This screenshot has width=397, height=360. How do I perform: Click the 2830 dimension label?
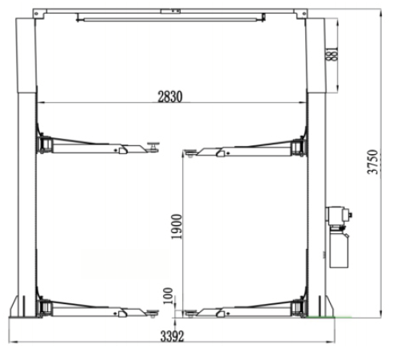[x=170, y=97]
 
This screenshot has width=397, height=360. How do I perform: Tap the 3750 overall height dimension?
[x=372, y=162]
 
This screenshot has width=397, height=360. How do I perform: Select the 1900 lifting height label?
[x=177, y=227]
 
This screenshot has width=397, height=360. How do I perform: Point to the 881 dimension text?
[x=332, y=54]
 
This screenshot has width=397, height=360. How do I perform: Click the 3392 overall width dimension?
[x=172, y=336]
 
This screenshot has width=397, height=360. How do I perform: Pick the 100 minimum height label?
[x=168, y=295]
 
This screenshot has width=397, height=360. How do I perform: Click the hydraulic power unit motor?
[x=339, y=216]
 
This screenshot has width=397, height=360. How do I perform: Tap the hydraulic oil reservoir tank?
[x=339, y=249]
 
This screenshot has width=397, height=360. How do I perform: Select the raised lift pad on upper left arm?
[x=153, y=147]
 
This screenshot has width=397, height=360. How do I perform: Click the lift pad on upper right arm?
[x=190, y=152]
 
